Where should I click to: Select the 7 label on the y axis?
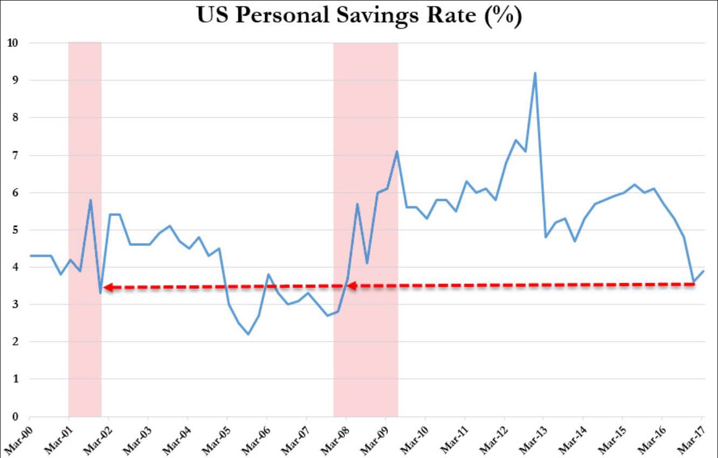pyautogui.click(x=16, y=155)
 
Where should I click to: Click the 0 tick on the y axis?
pyautogui.click(x=16, y=416)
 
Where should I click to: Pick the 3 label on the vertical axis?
pyautogui.click(x=16, y=304)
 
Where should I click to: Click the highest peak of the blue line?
pyautogui.click(x=535, y=73)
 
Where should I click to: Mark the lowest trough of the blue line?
pyautogui.click(x=248, y=334)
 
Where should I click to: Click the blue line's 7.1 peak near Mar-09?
pyautogui.click(x=397, y=152)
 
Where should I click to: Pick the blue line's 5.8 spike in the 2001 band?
pyautogui.click(x=90, y=200)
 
